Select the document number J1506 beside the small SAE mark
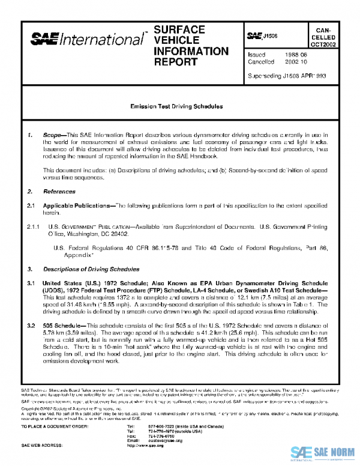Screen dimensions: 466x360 click(x=269, y=37)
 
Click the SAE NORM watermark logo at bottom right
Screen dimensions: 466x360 click(x=323, y=453)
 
